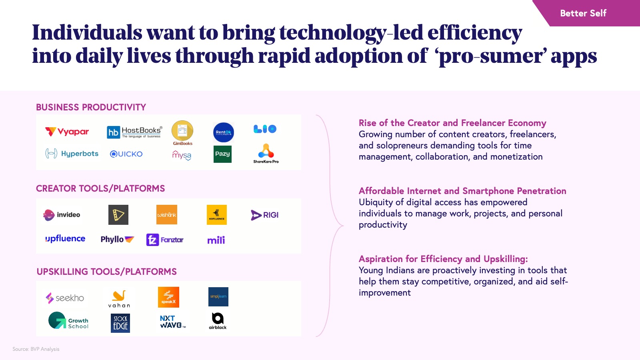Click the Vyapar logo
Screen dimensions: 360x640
(x=67, y=132)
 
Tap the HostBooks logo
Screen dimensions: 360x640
(x=134, y=132)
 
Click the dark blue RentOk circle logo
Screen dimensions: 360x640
(x=224, y=132)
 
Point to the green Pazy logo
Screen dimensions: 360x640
(x=222, y=154)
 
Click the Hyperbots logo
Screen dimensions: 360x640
(x=72, y=154)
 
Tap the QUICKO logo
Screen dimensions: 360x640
(x=126, y=154)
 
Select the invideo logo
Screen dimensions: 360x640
(x=62, y=215)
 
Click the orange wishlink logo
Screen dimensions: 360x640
(x=166, y=215)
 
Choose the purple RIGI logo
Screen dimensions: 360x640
(x=264, y=215)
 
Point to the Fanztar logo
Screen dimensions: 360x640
(x=165, y=240)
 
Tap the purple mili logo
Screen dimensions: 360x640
(x=216, y=240)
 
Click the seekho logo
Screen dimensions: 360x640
(x=65, y=298)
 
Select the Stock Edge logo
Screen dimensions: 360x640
(x=120, y=323)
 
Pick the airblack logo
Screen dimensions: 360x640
(x=218, y=321)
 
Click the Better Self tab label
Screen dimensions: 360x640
(x=583, y=13)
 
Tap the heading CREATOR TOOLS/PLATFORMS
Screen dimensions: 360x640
(x=100, y=188)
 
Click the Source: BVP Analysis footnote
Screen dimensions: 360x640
(x=36, y=349)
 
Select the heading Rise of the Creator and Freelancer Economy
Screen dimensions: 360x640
(x=452, y=123)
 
